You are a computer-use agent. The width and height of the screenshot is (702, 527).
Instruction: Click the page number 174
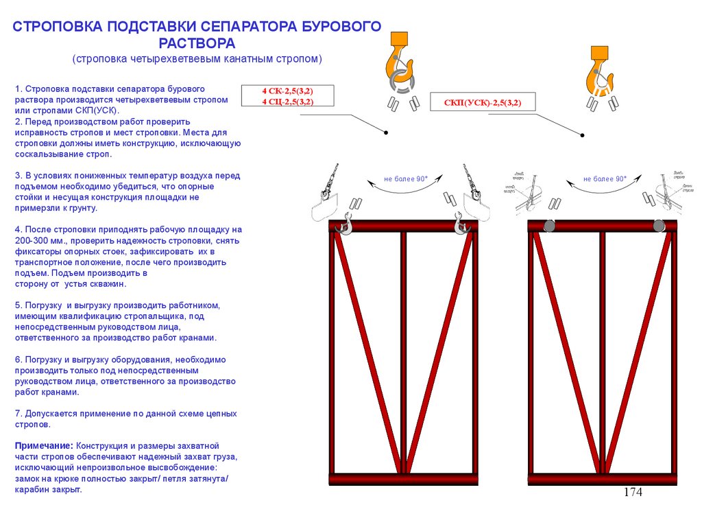pos(633,492)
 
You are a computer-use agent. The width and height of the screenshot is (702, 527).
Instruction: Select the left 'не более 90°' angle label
pos(406,179)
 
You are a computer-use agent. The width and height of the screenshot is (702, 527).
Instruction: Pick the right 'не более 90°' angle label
pos(605,179)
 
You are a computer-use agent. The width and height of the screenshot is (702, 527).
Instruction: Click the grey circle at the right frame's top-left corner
pos(550,226)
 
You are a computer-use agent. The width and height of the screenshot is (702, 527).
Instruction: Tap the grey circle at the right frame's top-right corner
pos(659,226)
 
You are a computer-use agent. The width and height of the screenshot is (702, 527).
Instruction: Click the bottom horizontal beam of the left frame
pos(403,479)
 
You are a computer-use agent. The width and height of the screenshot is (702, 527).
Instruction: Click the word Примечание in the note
pos(44,445)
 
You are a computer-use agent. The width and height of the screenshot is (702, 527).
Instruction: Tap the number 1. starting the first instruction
pos(19,89)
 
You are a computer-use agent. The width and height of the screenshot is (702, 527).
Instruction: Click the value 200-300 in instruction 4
pos(30,240)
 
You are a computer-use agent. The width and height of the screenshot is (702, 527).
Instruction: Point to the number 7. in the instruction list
pos(19,414)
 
